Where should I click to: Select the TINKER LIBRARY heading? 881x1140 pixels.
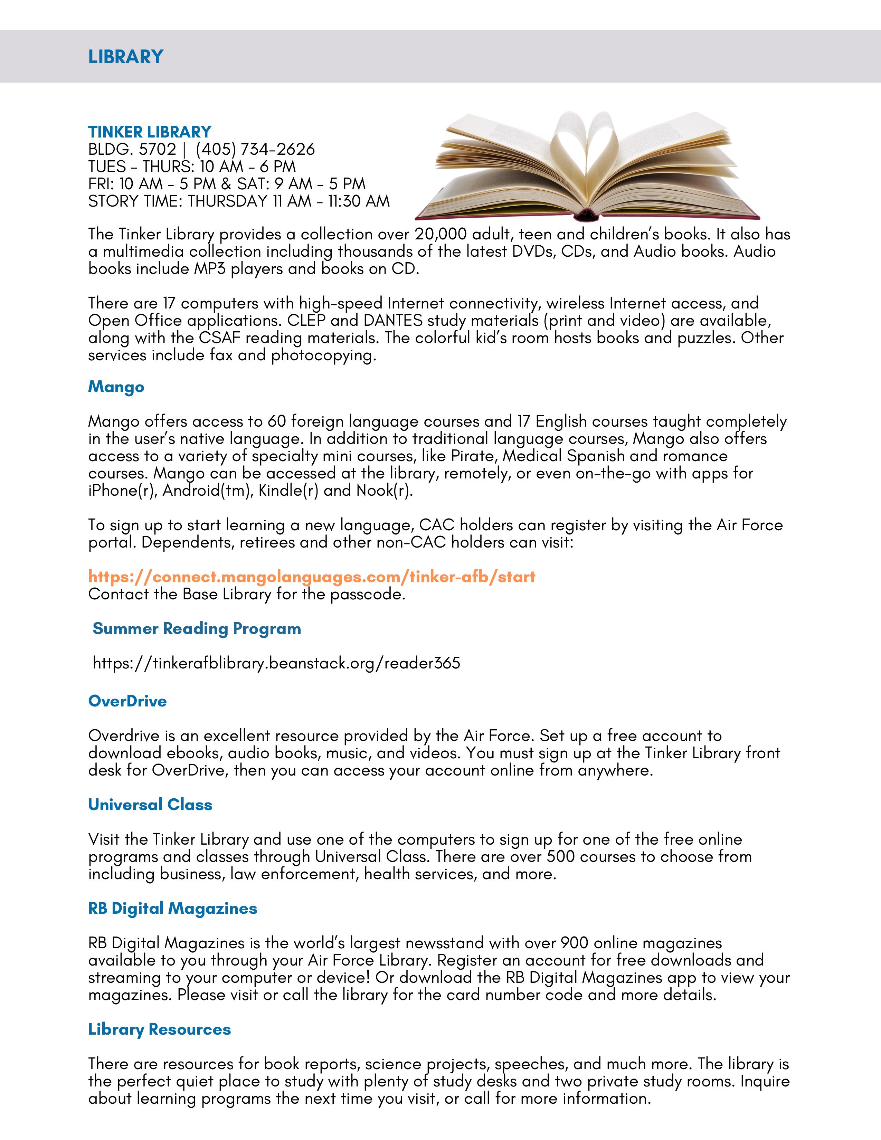(x=150, y=132)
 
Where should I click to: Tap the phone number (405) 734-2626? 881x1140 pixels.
(x=255, y=149)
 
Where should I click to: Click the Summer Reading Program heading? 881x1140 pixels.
(x=197, y=628)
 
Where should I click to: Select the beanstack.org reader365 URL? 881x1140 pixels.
(x=277, y=663)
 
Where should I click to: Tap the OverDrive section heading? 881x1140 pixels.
(x=127, y=701)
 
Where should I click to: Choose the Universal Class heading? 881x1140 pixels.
(x=150, y=804)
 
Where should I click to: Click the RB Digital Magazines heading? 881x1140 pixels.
(x=173, y=908)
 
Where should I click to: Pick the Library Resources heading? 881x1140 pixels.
(x=160, y=1029)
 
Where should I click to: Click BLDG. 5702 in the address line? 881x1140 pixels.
(x=132, y=149)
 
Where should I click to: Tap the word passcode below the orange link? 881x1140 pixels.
(x=368, y=594)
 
